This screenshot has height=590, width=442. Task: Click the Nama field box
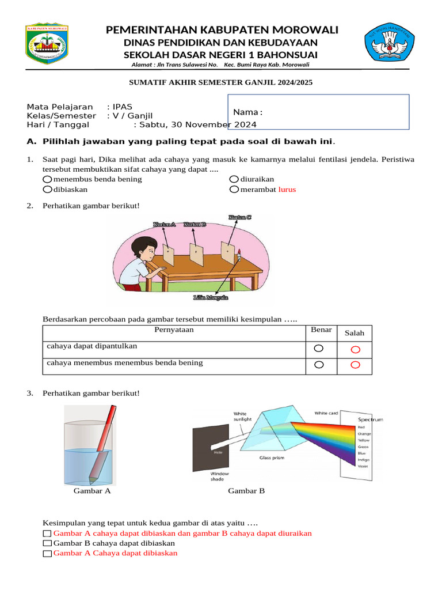pyautogui.click(x=318, y=111)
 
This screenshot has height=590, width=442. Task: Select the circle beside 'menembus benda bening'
pyautogui.click(x=48, y=179)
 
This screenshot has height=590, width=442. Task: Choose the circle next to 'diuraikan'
pyautogui.click(x=234, y=179)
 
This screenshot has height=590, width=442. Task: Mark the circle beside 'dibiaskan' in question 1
pyautogui.click(x=48, y=190)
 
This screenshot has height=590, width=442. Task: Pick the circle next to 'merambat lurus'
pyautogui.click(x=234, y=190)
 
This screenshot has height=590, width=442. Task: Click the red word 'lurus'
pyautogui.click(x=287, y=190)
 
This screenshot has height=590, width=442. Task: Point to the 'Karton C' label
pyautogui.click(x=239, y=218)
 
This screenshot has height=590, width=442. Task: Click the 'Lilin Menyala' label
pyautogui.click(x=211, y=298)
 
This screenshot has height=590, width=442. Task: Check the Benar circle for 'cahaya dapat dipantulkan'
pyautogui.click(x=319, y=349)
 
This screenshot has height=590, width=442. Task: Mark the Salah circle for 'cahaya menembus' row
pyautogui.click(x=355, y=364)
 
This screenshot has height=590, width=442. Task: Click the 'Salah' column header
pyautogui.click(x=355, y=333)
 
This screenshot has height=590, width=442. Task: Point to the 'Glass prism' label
pyautogui.click(x=272, y=459)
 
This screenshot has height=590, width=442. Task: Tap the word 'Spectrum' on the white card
pyautogui.click(x=370, y=419)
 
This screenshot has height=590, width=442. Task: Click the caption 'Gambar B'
pyautogui.click(x=246, y=491)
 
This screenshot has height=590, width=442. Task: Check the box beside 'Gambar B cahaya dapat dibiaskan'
pyautogui.click(x=47, y=543)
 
